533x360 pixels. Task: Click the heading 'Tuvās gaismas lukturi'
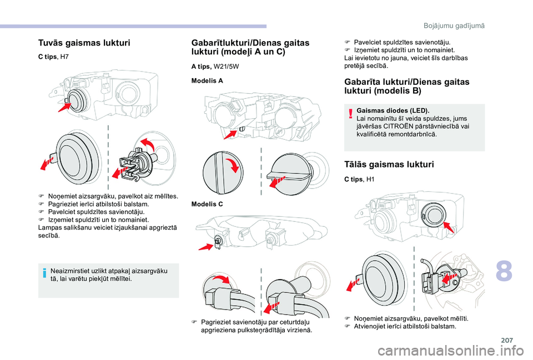pos(83,42)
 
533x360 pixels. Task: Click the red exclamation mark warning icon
pos(351,114)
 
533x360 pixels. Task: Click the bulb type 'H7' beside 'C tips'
pos(64,57)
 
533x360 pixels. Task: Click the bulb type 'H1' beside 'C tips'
pos(371,179)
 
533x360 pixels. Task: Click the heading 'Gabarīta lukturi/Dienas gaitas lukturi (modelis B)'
pos(406,86)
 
